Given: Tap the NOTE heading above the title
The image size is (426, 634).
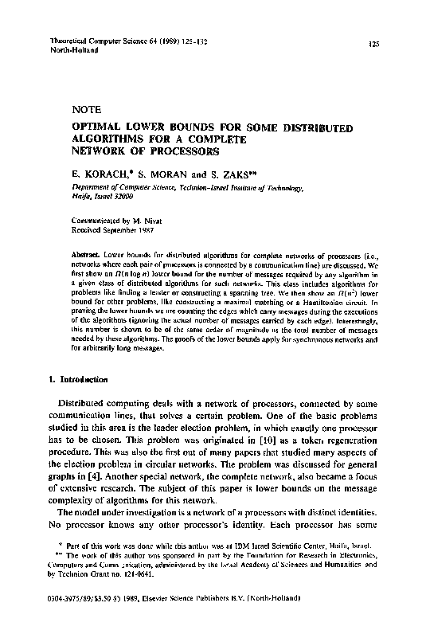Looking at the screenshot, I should tap(84, 112).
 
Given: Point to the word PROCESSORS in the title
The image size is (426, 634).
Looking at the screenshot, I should tap(179, 150).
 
